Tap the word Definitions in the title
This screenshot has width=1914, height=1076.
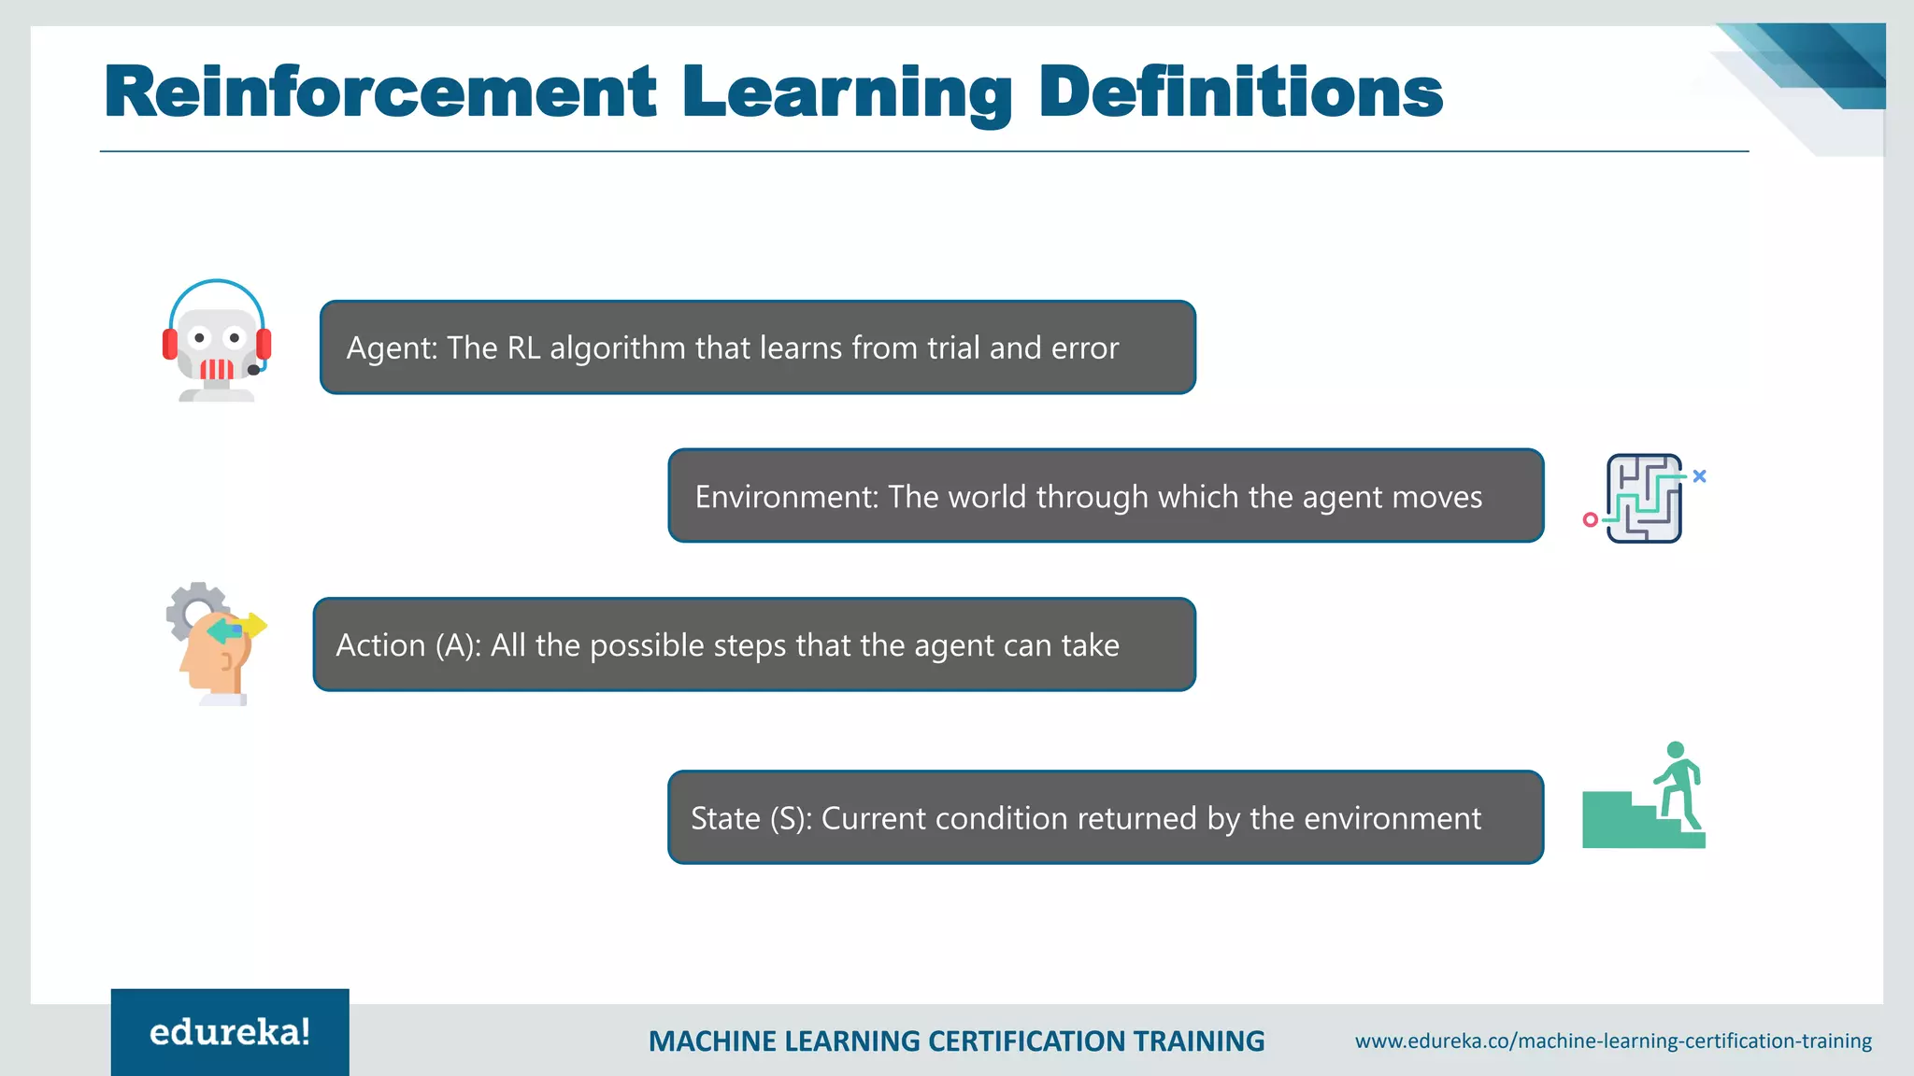click(1240, 92)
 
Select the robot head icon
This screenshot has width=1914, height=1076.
click(217, 342)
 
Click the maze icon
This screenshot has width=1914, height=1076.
click(1644, 499)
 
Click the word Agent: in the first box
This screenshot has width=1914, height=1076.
click(392, 348)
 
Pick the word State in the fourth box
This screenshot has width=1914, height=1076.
click(725, 818)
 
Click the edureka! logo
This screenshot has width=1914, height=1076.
click(230, 1032)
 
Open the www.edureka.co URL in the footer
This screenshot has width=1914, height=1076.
click(1613, 1041)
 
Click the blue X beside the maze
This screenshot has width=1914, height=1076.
click(1699, 476)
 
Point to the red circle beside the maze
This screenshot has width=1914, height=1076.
click(1590, 519)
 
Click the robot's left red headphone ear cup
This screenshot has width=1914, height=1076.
click(170, 343)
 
